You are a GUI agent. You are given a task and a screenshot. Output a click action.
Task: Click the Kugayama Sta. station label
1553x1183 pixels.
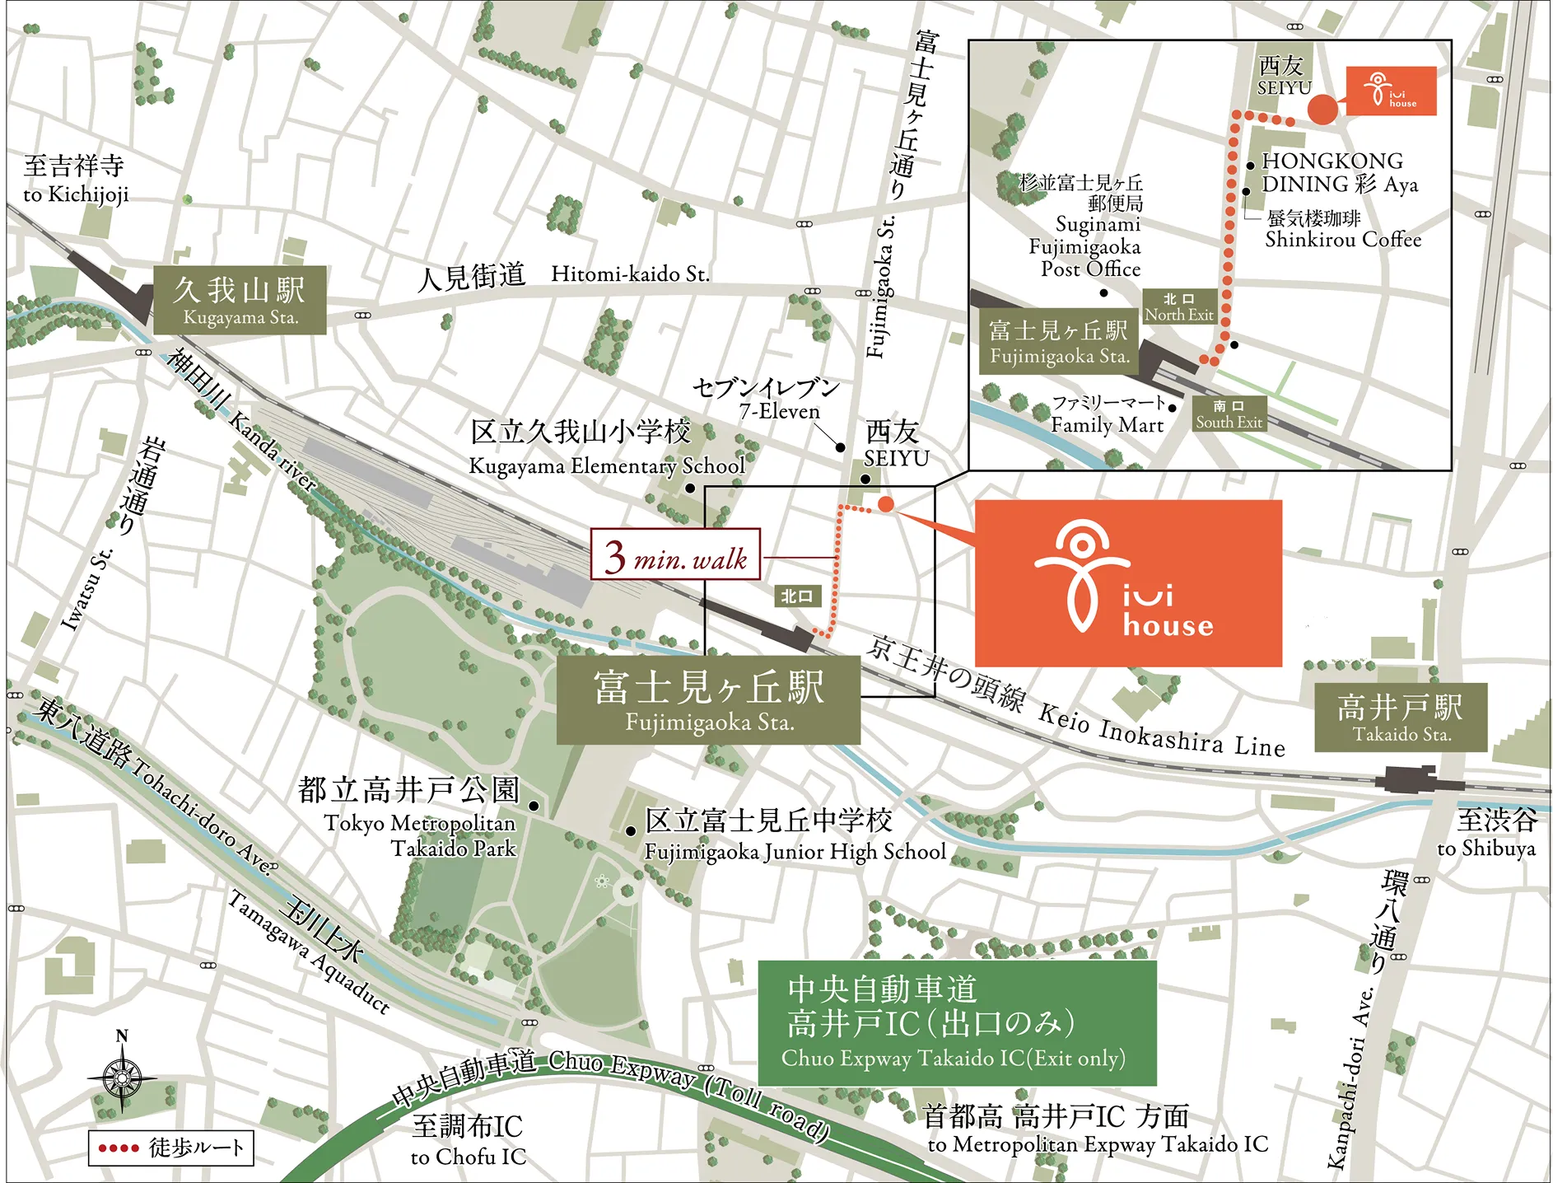240,300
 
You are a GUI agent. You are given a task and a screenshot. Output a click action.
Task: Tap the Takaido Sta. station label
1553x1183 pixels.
1400,717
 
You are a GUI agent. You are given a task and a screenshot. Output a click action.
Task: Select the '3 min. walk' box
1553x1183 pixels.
675,554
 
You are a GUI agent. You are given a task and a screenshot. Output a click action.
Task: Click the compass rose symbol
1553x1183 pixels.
122,1076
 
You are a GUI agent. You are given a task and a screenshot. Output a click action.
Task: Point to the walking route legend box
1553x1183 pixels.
170,1148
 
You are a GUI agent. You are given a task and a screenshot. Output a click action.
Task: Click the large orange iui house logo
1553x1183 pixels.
1127,583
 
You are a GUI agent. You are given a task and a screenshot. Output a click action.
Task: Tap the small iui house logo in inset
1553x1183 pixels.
1391,91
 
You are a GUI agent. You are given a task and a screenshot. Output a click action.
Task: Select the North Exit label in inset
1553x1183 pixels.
1178,306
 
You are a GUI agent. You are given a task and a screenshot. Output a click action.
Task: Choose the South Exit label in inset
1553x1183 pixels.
1229,414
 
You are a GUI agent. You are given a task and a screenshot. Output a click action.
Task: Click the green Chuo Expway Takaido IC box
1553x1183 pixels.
956,1022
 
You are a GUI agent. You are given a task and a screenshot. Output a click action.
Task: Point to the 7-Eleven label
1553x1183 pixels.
778,411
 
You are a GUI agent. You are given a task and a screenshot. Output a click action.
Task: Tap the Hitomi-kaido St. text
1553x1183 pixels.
630,274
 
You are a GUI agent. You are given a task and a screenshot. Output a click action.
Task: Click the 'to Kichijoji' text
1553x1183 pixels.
76,194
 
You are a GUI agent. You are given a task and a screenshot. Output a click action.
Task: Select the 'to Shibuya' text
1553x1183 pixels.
1485,848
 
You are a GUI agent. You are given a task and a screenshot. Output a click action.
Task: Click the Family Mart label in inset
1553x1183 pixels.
1107,425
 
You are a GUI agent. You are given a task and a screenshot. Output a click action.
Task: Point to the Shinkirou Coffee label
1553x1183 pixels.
1342,240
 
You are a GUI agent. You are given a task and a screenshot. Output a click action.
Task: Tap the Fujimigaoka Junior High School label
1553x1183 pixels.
795,851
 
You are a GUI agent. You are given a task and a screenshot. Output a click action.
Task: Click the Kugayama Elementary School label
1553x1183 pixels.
606,465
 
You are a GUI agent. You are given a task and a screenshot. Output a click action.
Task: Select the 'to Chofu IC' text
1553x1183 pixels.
468,1156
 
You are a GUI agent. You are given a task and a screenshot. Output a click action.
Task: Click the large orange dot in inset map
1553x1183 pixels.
1322,110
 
